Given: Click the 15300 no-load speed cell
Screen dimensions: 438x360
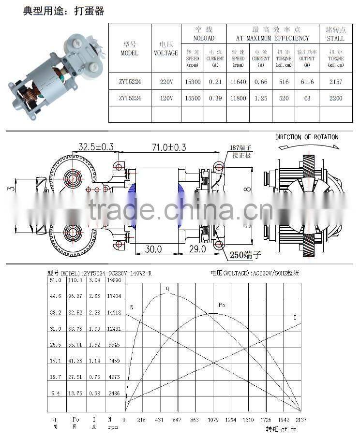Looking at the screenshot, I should click(193, 82).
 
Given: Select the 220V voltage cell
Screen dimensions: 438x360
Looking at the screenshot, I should click(166, 82).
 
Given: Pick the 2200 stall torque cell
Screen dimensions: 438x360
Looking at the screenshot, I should click(335, 98).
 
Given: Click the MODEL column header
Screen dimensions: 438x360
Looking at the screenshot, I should click(129, 49).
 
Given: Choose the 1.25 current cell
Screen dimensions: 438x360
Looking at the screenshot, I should click(261, 98).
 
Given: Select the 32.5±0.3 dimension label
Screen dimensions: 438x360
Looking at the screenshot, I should click(96, 146).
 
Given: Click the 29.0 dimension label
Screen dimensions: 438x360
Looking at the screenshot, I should click(196, 249).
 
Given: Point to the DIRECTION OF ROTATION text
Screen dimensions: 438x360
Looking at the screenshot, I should click(307, 137).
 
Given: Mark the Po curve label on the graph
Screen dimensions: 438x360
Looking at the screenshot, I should click(222, 305).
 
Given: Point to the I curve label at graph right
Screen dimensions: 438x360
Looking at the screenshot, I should click(295, 317).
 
